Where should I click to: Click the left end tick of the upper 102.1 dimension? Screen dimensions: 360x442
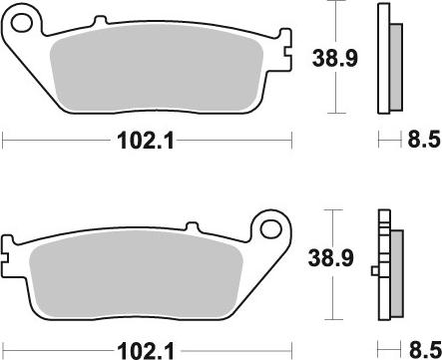click(4, 141)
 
